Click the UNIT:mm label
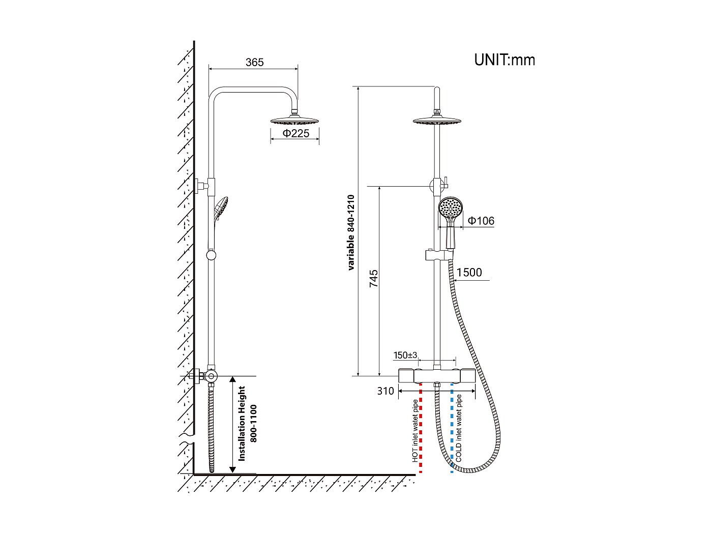click(x=505, y=60)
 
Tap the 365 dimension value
click(x=254, y=62)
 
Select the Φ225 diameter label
click(x=295, y=134)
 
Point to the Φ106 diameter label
click(x=481, y=221)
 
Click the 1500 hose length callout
click(x=469, y=273)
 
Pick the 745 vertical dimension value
click(x=374, y=279)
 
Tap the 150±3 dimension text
click(x=405, y=355)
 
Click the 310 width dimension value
click(x=385, y=391)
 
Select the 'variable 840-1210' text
click(x=350, y=232)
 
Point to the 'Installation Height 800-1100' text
click(x=248, y=423)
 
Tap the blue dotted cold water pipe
click(x=452, y=432)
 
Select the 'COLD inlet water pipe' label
click(x=459, y=428)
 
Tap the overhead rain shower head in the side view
click(x=295, y=121)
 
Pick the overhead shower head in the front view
click(x=437, y=121)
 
